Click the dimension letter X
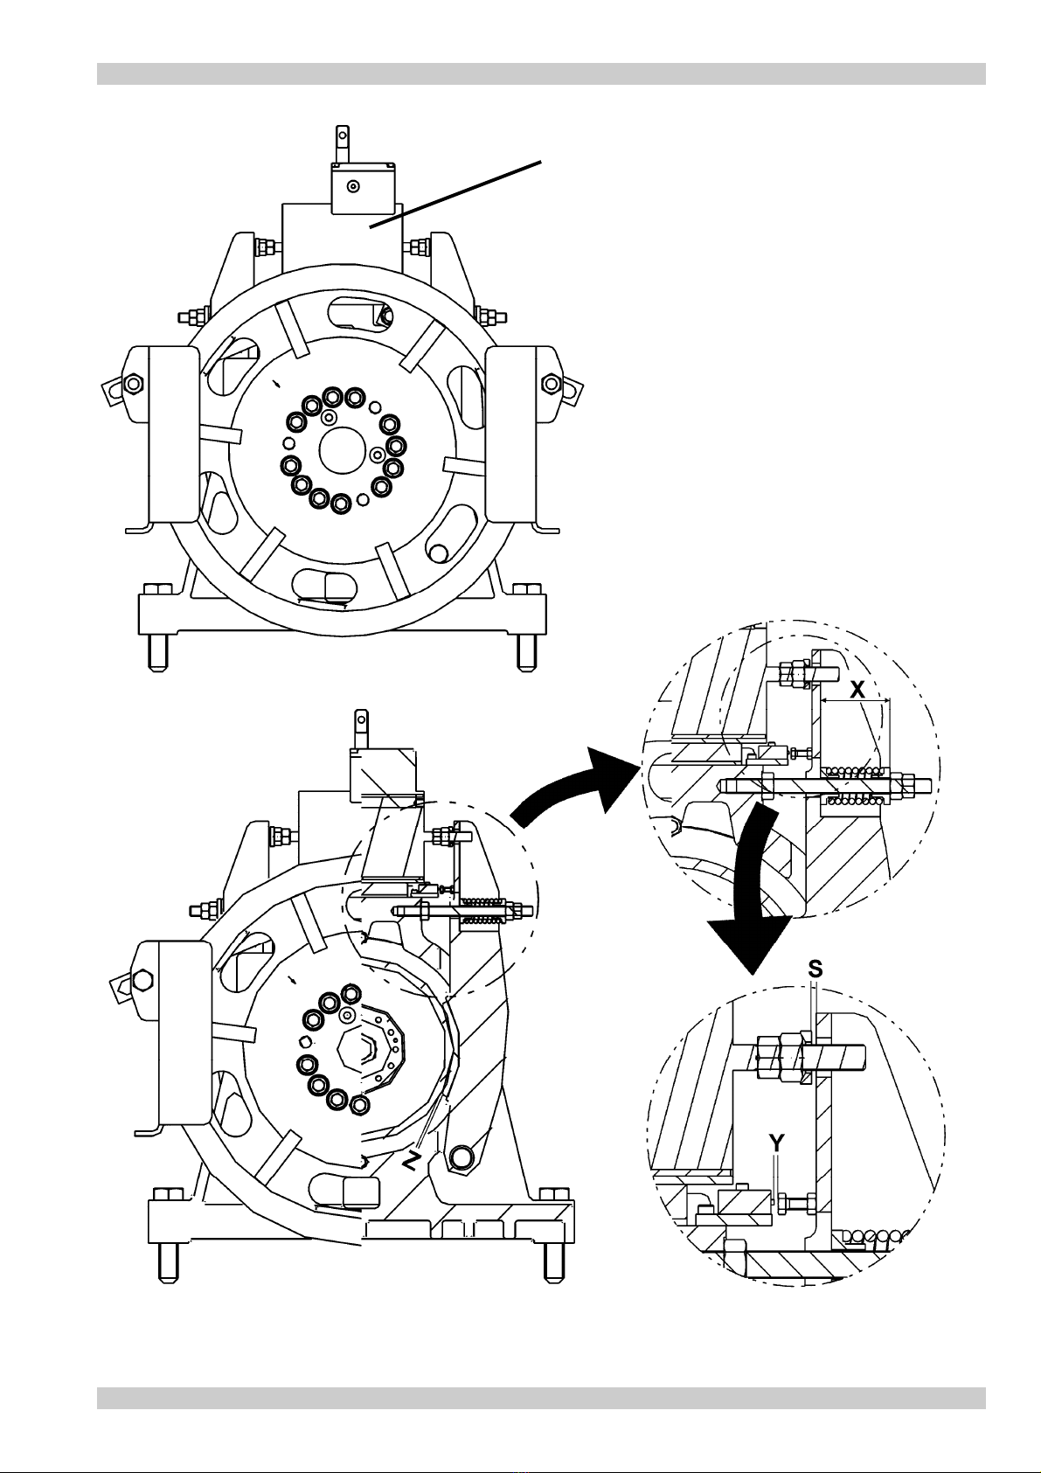tap(857, 689)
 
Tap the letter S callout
tap(815, 969)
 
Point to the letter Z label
tap(409, 1162)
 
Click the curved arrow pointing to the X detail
tap(566, 782)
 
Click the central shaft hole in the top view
tap(342, 450)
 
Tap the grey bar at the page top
tap(541, 73)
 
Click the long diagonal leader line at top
tap(455, 194)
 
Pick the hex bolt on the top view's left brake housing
tap(132, 383)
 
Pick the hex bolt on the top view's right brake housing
tap(551, 383)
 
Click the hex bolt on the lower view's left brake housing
tap(142, 981)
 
